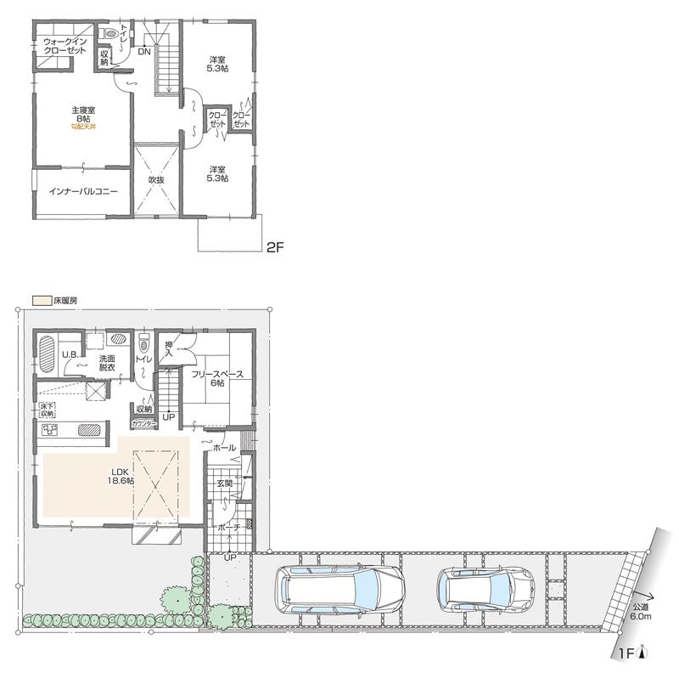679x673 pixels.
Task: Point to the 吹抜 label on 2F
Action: click(155, 180)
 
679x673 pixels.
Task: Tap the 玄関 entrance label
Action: click(224, 484)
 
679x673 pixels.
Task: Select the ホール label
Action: click(225, 447)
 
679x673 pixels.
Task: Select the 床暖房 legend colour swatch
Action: click(41, 301)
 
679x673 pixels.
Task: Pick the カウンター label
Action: click(143, 422)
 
